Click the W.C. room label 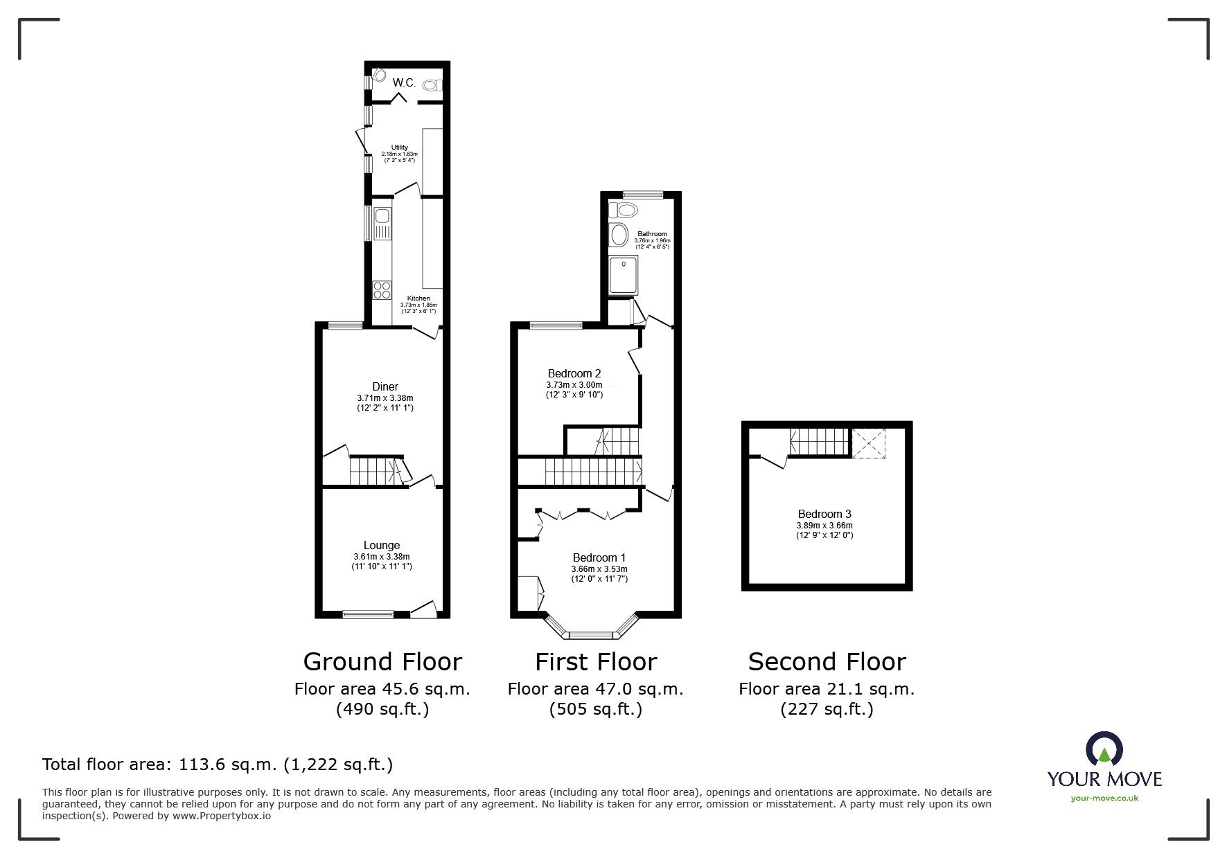pos(404,82)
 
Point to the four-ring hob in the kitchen pos(382,289)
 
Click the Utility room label pos(400,148)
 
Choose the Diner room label pos(385,386)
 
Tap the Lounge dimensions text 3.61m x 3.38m pos(382,556)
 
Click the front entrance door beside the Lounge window pos(424,610)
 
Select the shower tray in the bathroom pos(624,275)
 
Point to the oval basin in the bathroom pos(618,235)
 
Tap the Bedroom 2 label pos(574,373)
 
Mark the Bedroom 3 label pos(824,514)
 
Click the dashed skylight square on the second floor pos(869,443)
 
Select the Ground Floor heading pos(382,662)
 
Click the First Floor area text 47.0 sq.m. pos(595,689)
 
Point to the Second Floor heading pos(827,662)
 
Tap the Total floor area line pos(218,765)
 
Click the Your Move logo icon pos(1104,750)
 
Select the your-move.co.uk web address pos(1104,798)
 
